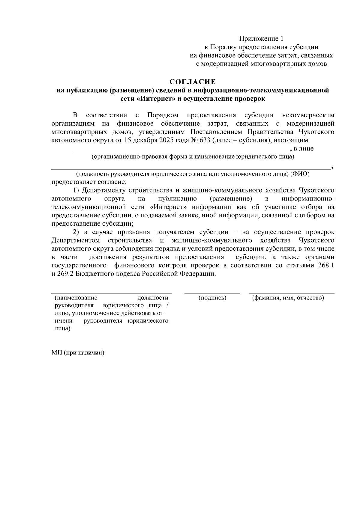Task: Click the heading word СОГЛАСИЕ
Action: click(x=193, y=82)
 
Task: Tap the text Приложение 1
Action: click(x=261, y=39)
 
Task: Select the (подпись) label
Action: click(x=212, y=298)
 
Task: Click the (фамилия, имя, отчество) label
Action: click(x=288, y=298)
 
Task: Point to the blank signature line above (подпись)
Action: click(x=212, y=293)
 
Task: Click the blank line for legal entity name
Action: click(x=180, y=151)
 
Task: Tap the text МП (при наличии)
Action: click(x=78, y=353)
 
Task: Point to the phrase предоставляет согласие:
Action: click(x=89, y=182)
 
